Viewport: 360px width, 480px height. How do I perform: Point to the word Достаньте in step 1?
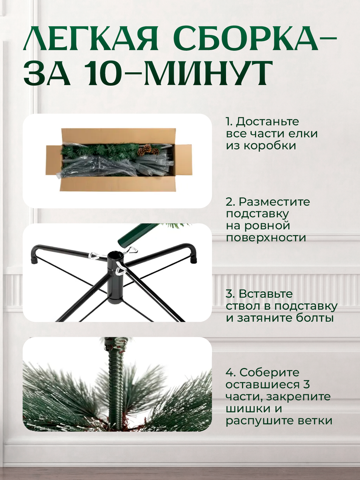click(x=267, y=122)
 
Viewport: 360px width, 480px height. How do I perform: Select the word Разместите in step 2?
click(x=274, y=202)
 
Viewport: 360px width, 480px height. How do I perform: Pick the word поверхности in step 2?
click(x=266, y=238)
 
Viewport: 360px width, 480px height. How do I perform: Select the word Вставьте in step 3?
click(x=266, y=294)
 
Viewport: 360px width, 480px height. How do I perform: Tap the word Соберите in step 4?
click(x=269, y=373)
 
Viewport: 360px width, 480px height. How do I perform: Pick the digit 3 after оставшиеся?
click(x=307, y=385)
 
